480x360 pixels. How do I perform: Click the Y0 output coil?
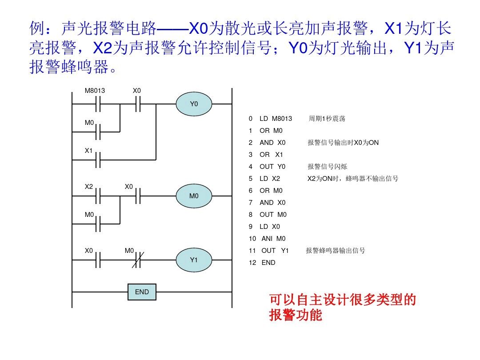(194, 104)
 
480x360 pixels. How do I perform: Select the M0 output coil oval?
(194, 196)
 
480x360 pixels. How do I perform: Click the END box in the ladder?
(142, 292)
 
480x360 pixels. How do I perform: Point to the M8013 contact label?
(95, 91)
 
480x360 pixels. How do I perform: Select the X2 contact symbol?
(99, 196)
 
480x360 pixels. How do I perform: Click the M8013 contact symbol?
(99, 104)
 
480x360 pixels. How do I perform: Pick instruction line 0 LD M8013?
(271, 119)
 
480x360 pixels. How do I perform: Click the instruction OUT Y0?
(272, 167)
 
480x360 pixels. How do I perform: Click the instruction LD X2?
(270, 179)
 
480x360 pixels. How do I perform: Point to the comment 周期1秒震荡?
(327, 119)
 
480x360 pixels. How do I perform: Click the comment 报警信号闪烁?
(327, 167)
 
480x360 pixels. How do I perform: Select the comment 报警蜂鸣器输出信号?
(336, 251)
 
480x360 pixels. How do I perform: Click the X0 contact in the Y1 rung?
(99, 260)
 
